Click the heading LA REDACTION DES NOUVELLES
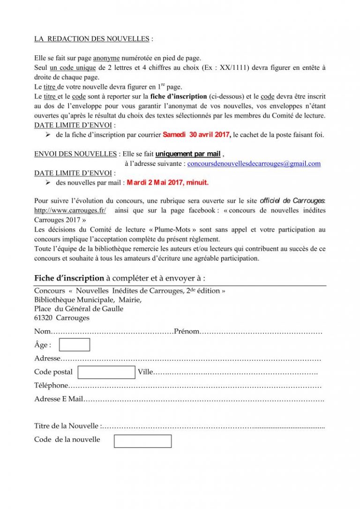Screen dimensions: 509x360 point(91,39)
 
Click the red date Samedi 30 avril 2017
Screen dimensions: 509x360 point(196,135)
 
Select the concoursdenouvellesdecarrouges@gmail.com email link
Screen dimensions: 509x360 point(254,164)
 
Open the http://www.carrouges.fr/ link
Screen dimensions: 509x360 point(70,210)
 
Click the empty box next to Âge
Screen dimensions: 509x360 point(75,345)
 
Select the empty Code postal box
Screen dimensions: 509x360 point(106,372)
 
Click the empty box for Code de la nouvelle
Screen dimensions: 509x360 point(142,441)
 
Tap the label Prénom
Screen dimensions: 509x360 point(187,332)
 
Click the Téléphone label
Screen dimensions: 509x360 point(51,386)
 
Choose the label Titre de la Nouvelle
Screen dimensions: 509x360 point(67,426)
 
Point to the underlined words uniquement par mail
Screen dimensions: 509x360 point(188,154)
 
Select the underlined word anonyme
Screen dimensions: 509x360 point(106,58)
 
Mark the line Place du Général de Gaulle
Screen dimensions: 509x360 point(79,309)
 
